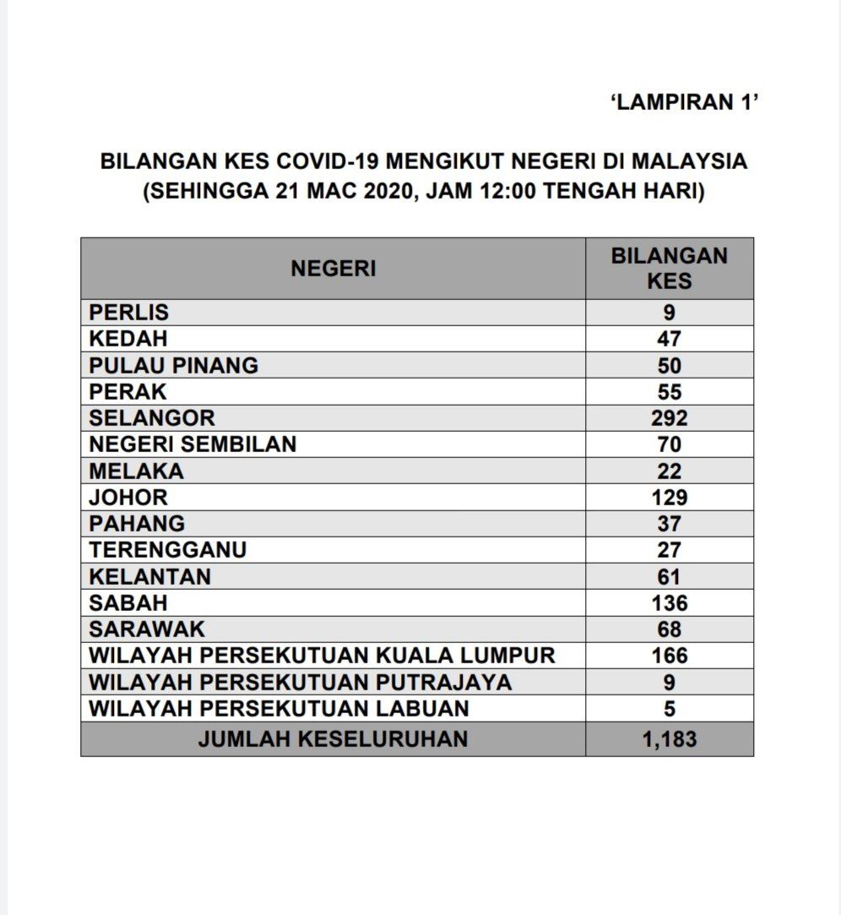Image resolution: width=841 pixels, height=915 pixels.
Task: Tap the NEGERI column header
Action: point(333,269)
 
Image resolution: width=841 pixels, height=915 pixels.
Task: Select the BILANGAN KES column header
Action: point(669,268)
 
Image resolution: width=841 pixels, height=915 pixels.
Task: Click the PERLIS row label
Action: point(129,313)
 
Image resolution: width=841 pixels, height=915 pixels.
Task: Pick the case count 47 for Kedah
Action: point(669,339)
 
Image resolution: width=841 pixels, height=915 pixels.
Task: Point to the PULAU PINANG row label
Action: point(174,365)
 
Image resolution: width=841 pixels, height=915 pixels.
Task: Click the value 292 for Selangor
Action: point(669,417)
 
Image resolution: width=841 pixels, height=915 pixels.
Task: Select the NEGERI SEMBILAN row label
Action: point(193,444)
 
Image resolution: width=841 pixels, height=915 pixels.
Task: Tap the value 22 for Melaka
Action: point(669,471)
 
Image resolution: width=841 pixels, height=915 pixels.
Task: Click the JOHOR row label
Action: point(128,497)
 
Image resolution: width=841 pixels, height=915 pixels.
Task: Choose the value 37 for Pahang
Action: point(669,524)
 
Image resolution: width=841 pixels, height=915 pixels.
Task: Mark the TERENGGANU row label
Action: point(168,550)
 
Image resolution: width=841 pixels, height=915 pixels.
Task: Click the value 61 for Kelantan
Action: point(669,576)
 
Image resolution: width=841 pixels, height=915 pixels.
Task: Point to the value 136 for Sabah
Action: point(669,603)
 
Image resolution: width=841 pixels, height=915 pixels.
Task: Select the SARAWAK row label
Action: point(147,629)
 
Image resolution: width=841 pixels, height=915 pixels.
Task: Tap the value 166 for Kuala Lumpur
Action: point(669,656)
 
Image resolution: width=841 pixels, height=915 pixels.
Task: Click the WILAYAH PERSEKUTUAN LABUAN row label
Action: point(279,708)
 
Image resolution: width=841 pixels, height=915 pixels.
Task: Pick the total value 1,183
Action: point(669,740)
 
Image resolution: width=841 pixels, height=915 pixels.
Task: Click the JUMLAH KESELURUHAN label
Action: point(333,739)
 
